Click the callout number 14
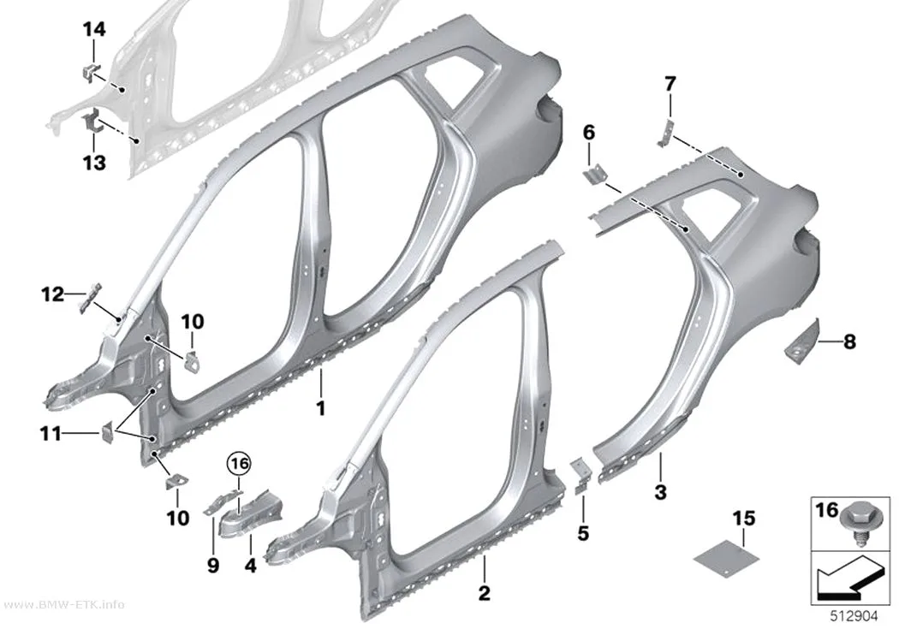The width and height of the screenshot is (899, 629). pos(94,28)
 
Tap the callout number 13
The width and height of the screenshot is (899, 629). pos(94,163)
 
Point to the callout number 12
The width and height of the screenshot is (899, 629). pos(52,294)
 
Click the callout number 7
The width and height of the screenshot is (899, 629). pos(670,84)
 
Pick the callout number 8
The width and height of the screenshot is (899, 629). pos(849,342)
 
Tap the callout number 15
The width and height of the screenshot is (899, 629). pos(744,519)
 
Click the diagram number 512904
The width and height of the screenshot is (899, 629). pos(854,616)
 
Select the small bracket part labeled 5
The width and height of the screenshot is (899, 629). pos(580,474)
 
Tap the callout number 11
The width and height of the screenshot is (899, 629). pos(50,434)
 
